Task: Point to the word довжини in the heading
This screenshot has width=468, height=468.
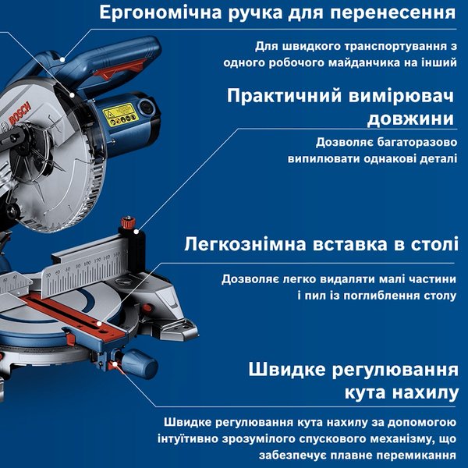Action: coord(411,119)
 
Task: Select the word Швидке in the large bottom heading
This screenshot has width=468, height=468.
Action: coord(287,370)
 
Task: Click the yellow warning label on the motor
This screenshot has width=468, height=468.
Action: coord(121,115)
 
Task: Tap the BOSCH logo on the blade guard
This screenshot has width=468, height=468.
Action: coord(20,113)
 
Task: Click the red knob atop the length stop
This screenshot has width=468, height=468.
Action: coord(128,222)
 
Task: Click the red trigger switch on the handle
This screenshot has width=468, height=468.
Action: coord(121,70)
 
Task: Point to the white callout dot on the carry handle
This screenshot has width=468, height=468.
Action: coord(62,59)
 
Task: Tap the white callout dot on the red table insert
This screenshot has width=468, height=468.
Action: coord(99,324)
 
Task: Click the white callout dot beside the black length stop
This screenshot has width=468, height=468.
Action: coord(136,232)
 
